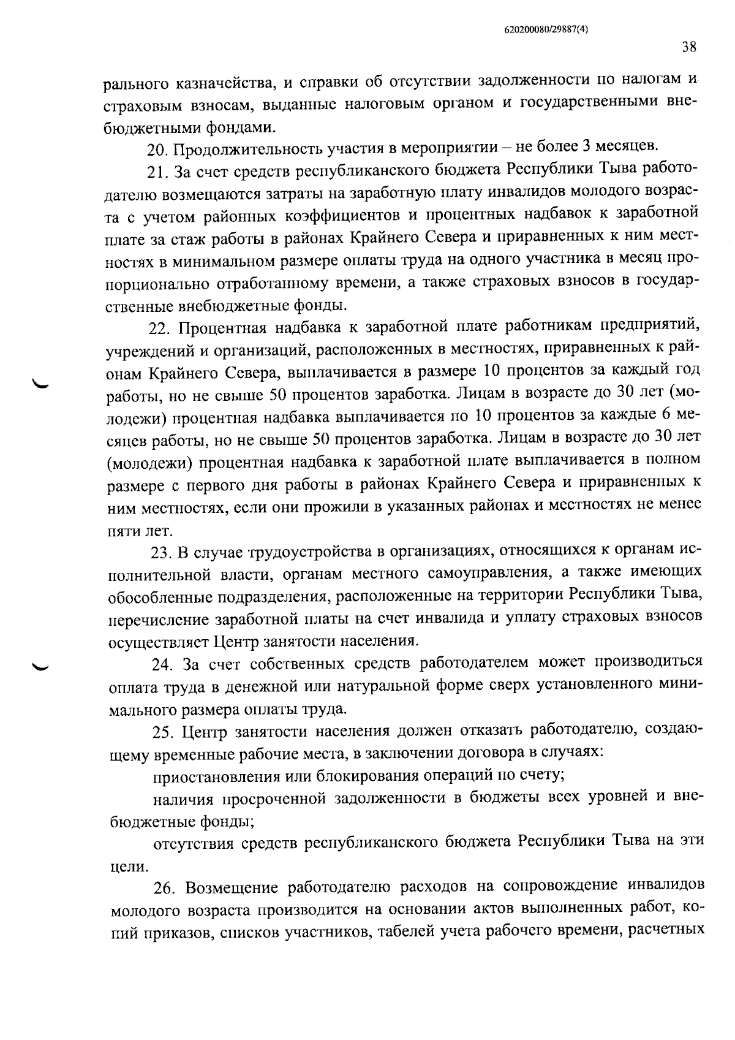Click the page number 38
click(x=688, y=47)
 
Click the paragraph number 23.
click(x=161, y=552)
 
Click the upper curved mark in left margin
click(x=43, y=384)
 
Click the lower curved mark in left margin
click(x=43, y=666)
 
